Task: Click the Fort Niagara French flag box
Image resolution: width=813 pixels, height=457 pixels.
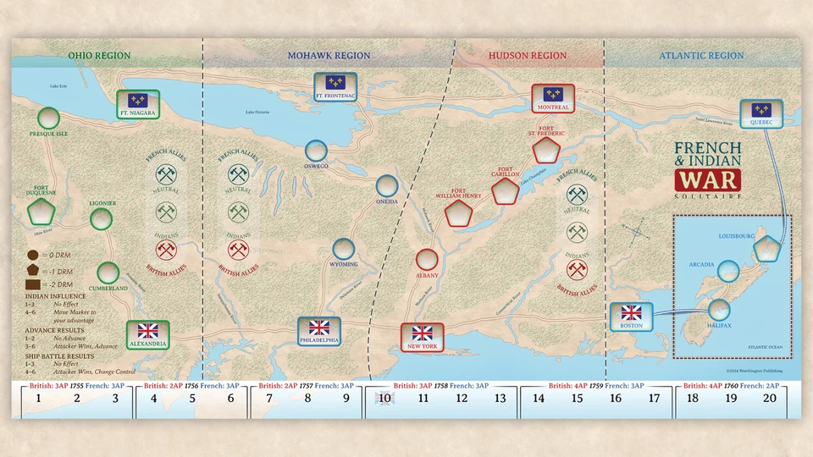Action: pyautogui.click(x=137, y=103)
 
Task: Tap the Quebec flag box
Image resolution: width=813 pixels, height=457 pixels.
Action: pyautogui.click(x=761, y=113)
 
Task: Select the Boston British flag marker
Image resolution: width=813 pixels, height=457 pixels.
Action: pyautogui.click(x=631, y=317)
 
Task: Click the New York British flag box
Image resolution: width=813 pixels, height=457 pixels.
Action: pyautogui.click(x=422, y=336)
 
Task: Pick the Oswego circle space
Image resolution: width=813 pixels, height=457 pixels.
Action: pyautogui.click(x=318, y=151)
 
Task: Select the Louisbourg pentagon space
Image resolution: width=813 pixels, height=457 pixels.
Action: pyautogui.click(x=766, y=248)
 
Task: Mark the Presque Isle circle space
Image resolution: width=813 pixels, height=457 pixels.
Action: pyautogui.click(x=48, y=118)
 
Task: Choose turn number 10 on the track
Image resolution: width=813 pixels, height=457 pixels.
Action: pyautogui.click(x=384, y=398)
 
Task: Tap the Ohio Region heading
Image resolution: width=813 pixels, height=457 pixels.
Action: pyautogui.click(x=100, y=56)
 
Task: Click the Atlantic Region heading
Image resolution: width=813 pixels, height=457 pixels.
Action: pyautogui.click(x=701, y=56)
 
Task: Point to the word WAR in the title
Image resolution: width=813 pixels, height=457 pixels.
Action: pyautogui.click(x=706, y=179)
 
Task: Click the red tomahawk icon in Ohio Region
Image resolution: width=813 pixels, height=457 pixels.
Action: pyautogui.click(x=166, y=250)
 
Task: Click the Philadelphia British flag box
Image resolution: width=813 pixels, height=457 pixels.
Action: pyautogui.click(x=318, y=331)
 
